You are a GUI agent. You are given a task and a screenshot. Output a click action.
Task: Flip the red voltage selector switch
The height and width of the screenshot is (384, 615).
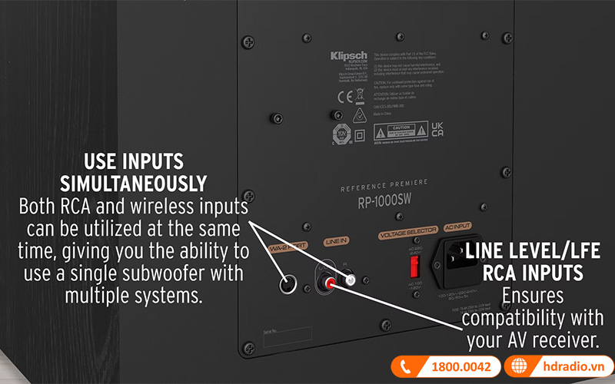tap(414, 267)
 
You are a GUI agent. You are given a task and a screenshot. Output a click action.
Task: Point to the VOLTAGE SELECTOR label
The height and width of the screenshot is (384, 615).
tap(407, 229)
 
